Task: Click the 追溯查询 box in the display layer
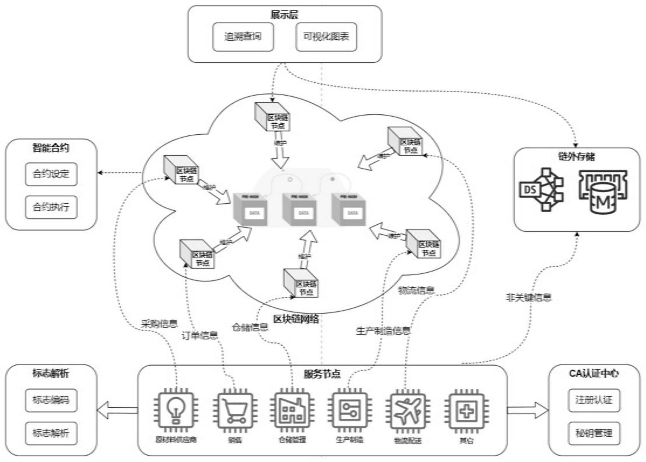[x=243, y=37]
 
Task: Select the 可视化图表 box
[x=326, y=37]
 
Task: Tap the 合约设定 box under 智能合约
[x=51, y=174]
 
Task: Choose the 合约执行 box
[x=51, y=207]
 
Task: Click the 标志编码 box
[x=51, y=400]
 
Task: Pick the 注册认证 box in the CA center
[x=594, y=400]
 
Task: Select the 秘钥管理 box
[x=594, y=433]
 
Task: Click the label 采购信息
[x=159, y=324]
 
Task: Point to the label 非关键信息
[x=528, y=297]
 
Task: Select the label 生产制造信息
[x=383, y=330]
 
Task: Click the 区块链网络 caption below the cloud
[x=296, y=319]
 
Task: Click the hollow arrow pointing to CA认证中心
[x=528, y=410]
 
